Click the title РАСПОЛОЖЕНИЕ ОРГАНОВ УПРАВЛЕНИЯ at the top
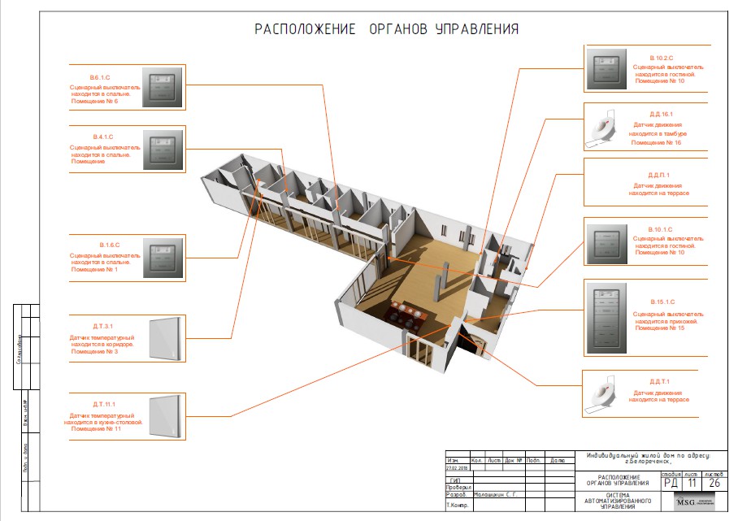pos(387,29)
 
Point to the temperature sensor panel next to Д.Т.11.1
pos(166,416)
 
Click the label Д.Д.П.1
pos(658,175)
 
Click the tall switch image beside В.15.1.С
pos(606,318)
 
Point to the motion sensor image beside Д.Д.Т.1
pos(603,393)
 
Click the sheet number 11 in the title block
pos(692,482)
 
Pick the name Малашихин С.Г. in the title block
pos(493,494)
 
